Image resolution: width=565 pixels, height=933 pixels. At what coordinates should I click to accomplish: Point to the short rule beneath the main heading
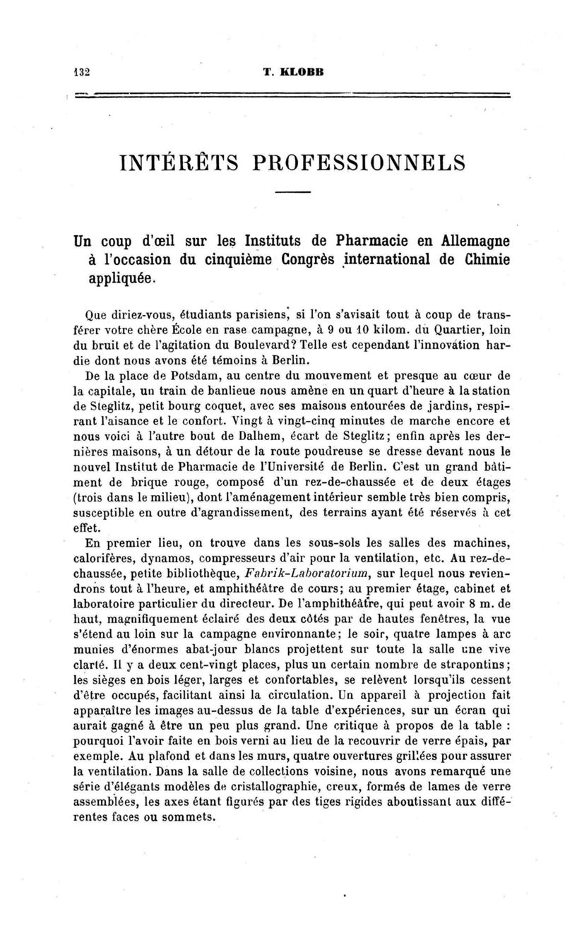293,193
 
